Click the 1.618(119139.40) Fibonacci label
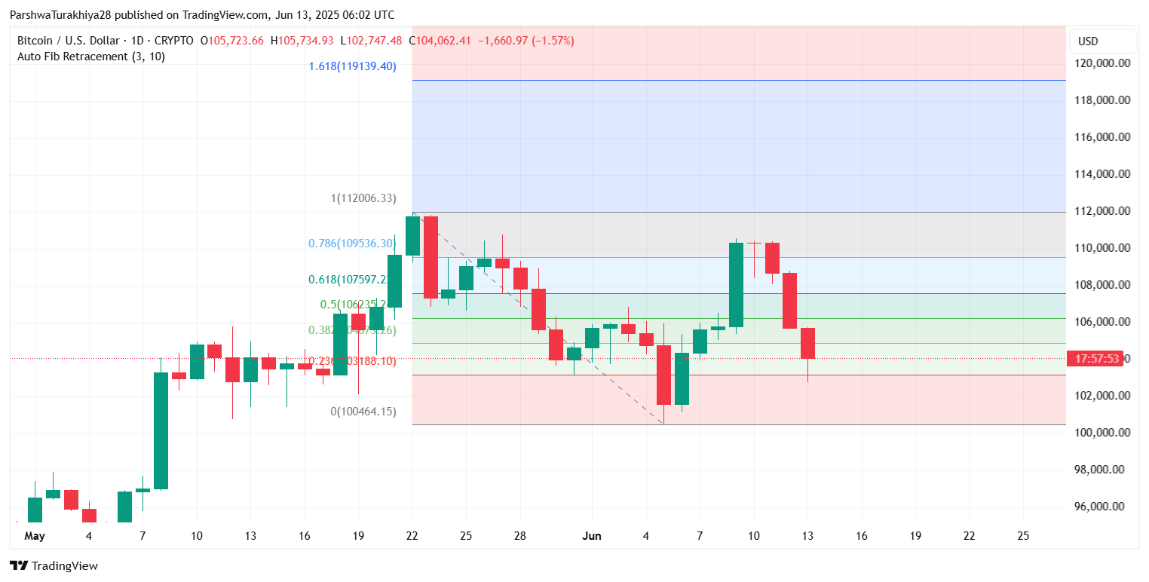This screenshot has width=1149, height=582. point(352,66)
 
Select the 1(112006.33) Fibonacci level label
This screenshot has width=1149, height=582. point(363,199)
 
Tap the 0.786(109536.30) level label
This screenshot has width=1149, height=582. point(352,244)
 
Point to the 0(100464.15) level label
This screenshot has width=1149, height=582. point(363,412)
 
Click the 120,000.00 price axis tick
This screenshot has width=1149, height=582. point(1103,63)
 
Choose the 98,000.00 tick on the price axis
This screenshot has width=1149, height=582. point(1103,470)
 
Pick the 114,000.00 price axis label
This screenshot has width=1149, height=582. point(1103,174)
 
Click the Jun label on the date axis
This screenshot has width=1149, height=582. point(593,536)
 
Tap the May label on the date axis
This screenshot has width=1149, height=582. point(35,536)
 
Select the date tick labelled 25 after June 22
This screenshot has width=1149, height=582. point(1023,536)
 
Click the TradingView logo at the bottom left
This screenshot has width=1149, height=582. point(54,565)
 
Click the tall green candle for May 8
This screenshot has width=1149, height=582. point(161,430)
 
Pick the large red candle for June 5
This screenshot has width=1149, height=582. point(663,375)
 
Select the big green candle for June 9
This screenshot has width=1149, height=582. point(736,284)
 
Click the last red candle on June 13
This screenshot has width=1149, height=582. point(807,343)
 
